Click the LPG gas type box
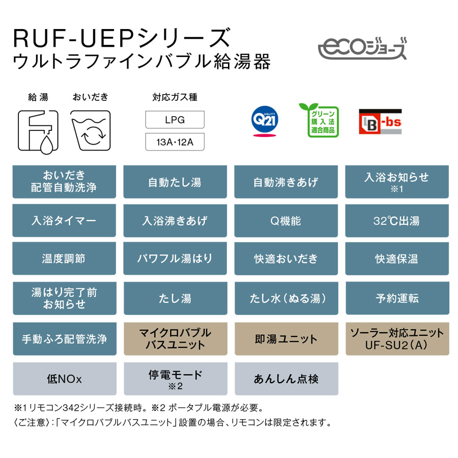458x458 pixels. point(175,121)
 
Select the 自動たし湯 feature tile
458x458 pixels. point(175,182)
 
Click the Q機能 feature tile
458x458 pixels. point(285,221)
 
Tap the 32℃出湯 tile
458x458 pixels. point(396,221)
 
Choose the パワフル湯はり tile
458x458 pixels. point(175,259)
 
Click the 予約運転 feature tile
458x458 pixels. point(396,298)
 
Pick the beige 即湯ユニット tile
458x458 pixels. point(285,339)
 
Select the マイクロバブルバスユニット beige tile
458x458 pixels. point(175,339)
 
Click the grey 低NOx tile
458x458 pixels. point(64,379)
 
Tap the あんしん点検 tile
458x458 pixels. point(285,379)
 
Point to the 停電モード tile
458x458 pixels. point(175,379)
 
